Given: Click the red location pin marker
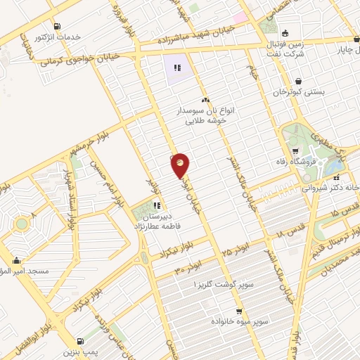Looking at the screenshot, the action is (180, 165).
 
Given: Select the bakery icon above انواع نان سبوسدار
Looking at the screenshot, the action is (205, 101).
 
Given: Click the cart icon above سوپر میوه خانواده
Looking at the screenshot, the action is (239, 311).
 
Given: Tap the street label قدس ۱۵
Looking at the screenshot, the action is (326, 211).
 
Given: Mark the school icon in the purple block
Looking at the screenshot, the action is (177, 68).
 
